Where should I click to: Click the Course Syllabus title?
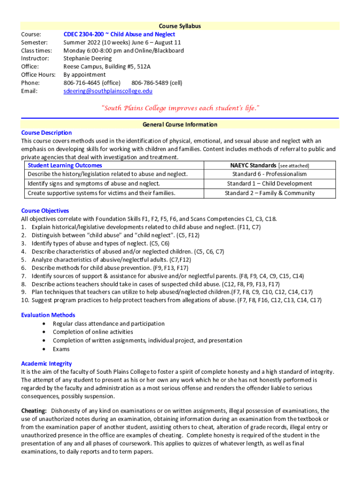pyautogui.click(x=180, y=26)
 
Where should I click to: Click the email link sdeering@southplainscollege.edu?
pyautogui.click(x=108, y=91)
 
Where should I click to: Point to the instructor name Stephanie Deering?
pyautogui.click(x=87, y=58)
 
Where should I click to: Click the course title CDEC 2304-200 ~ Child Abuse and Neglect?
pyautogui.click(x=119, y=34)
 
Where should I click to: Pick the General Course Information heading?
pyautogui.click(x=180, y=124)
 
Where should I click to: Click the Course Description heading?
pyautogui.click(x=46, y=133)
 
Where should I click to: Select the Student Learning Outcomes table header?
pyautogui.click(x=65, y=166)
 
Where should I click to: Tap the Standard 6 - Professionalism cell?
pyautogui.click(x=269, y=174)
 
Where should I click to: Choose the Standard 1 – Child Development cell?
pyautogui.click(x=269, y=184)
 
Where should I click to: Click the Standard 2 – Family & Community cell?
pyautogui.click(x=269, y=193)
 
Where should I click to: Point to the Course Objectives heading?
pyautogui.click(x=45, y=211)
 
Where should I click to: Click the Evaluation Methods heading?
pyautogui.click(x=48, y=315)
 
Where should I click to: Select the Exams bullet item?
pyautogui.click(x=61, y=349)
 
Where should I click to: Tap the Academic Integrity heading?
pyautogui.click(x=46, y=363)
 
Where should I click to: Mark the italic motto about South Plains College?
pyautogui.click(x=180, y=109)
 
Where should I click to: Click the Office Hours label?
pyautogui.click(x=38, y=75)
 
